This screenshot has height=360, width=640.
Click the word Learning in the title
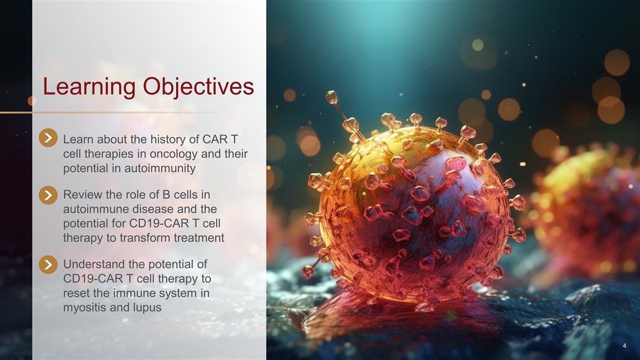(x=89, y=87)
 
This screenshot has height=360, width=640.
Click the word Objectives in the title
(x=198, y=87)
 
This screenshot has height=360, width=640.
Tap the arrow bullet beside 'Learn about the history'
(x=48, y=138)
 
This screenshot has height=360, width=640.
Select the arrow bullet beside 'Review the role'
(x=48, y=195)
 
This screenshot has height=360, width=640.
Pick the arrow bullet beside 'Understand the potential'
(x=48, y=265)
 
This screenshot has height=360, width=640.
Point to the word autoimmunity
(x=159, y=169)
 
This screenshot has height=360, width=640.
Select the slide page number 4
(x=625, y=346)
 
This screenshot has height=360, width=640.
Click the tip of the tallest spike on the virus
(x=332, y=97)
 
